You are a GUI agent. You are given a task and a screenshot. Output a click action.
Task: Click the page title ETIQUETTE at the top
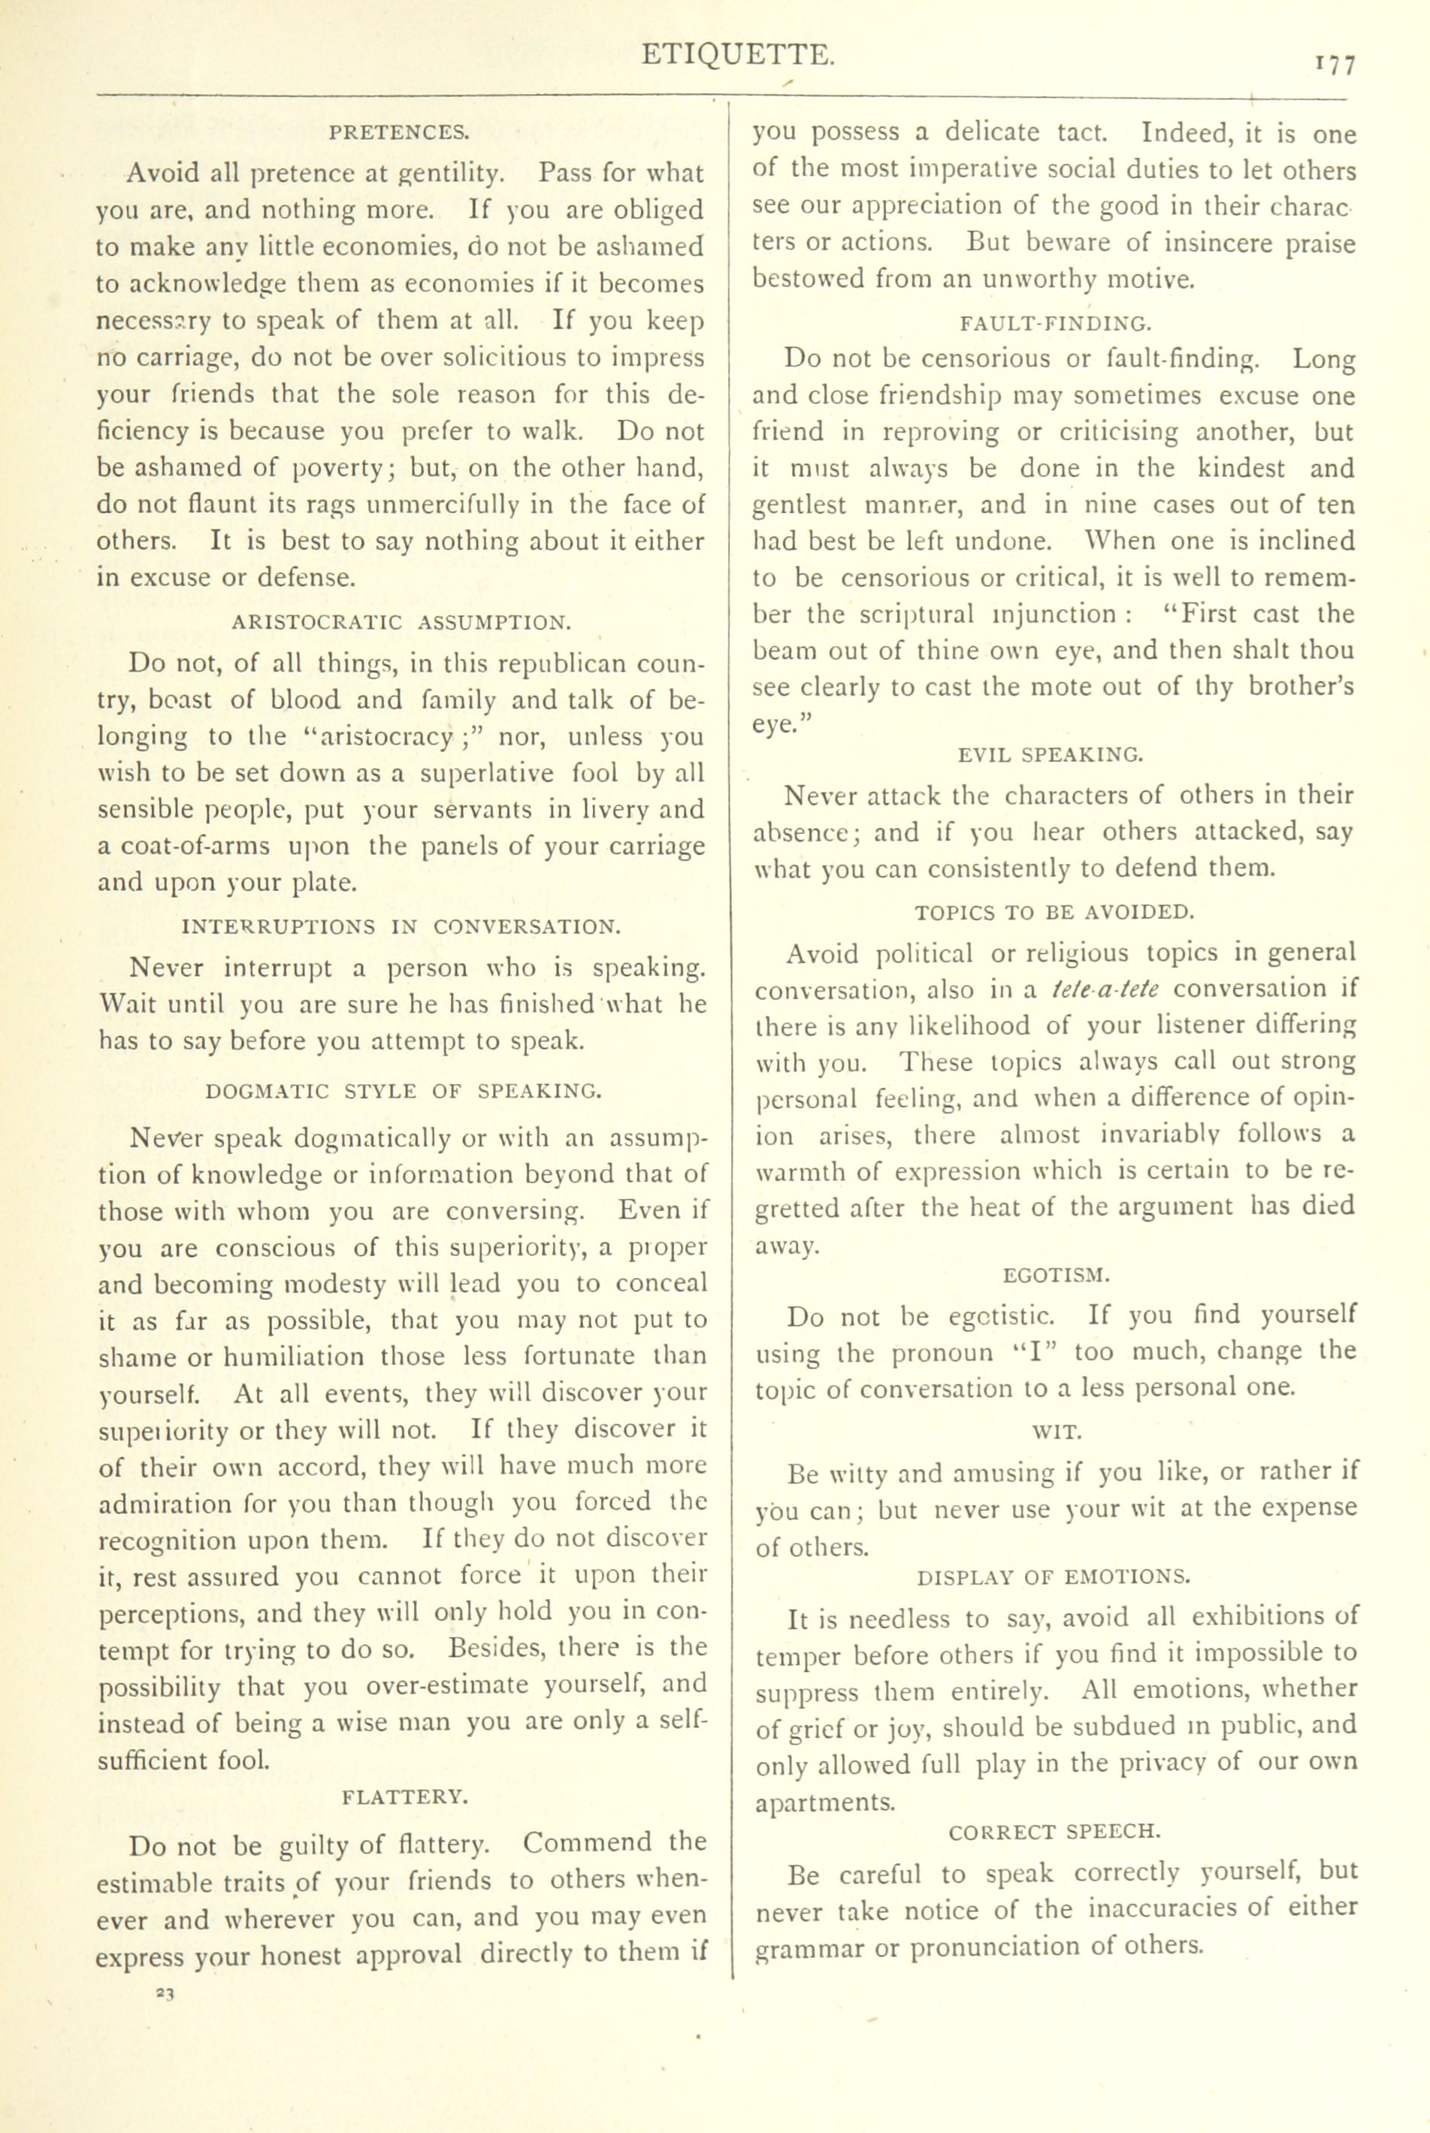737,56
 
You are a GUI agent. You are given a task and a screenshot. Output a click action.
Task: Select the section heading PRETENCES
400,132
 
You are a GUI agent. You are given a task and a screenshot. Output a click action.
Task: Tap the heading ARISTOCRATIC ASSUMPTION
402,623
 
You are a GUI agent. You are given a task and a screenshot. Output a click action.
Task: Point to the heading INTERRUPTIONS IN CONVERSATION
402,927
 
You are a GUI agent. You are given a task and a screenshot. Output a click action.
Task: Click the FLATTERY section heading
405,1796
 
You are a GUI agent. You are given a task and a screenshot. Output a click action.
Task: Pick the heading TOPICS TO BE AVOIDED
1054,911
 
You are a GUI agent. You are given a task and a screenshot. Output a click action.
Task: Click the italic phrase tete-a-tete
1105,989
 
